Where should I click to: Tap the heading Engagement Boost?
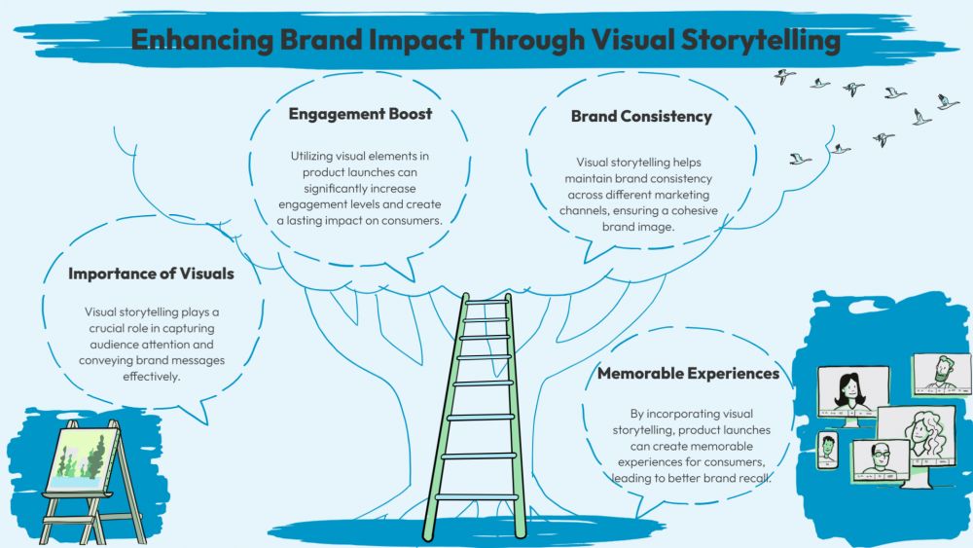point(360,114)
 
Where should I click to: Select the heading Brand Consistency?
point(641,117)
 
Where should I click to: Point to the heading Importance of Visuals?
point(151,274)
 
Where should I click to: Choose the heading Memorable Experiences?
point(688,373)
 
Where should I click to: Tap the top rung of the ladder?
point(486,303)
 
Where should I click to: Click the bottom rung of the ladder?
point(477,496)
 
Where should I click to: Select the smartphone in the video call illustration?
point(827,451)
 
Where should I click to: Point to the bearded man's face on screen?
point(940,371)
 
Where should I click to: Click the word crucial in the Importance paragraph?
point(103,328)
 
